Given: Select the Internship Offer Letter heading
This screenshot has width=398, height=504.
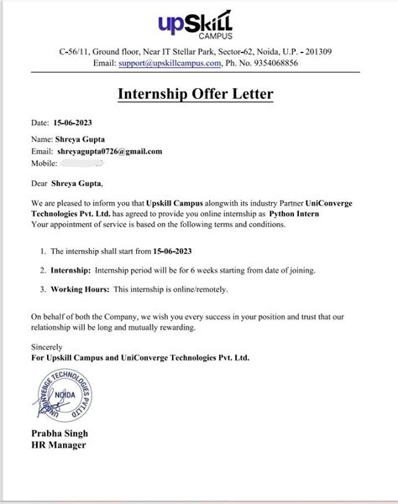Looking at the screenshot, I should [198, 95].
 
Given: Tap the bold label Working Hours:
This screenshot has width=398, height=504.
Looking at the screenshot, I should [81, 289].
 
